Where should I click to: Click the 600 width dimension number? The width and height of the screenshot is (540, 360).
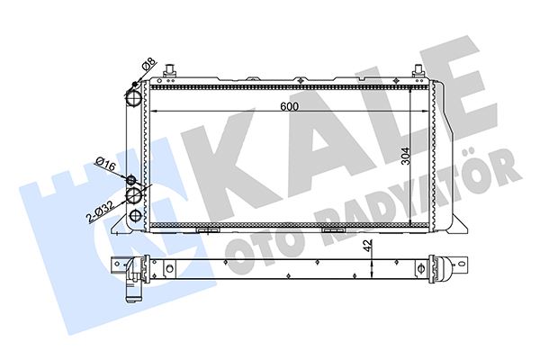(288, 105)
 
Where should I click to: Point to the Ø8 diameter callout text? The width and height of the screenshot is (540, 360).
(149, 65)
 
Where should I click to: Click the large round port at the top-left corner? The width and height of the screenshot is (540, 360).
(134, 94)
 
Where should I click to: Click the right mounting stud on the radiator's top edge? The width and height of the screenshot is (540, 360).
(418, 70)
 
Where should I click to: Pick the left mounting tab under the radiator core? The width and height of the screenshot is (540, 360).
(208, 230)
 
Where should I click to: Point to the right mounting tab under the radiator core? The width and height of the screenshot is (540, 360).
(334, 230)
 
